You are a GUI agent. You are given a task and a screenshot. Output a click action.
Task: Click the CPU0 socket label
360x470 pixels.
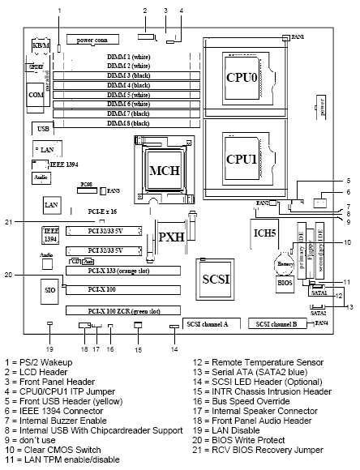tap(241, 81)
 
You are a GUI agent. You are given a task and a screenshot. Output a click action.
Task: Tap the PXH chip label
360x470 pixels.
tap(172, 237)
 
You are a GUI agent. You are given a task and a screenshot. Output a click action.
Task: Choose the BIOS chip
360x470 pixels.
tap(284, 284)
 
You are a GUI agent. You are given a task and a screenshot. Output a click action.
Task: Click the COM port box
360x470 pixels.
tap(36, 95)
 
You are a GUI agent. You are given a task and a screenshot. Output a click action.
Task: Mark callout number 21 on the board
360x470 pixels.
tap(30, 221)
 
